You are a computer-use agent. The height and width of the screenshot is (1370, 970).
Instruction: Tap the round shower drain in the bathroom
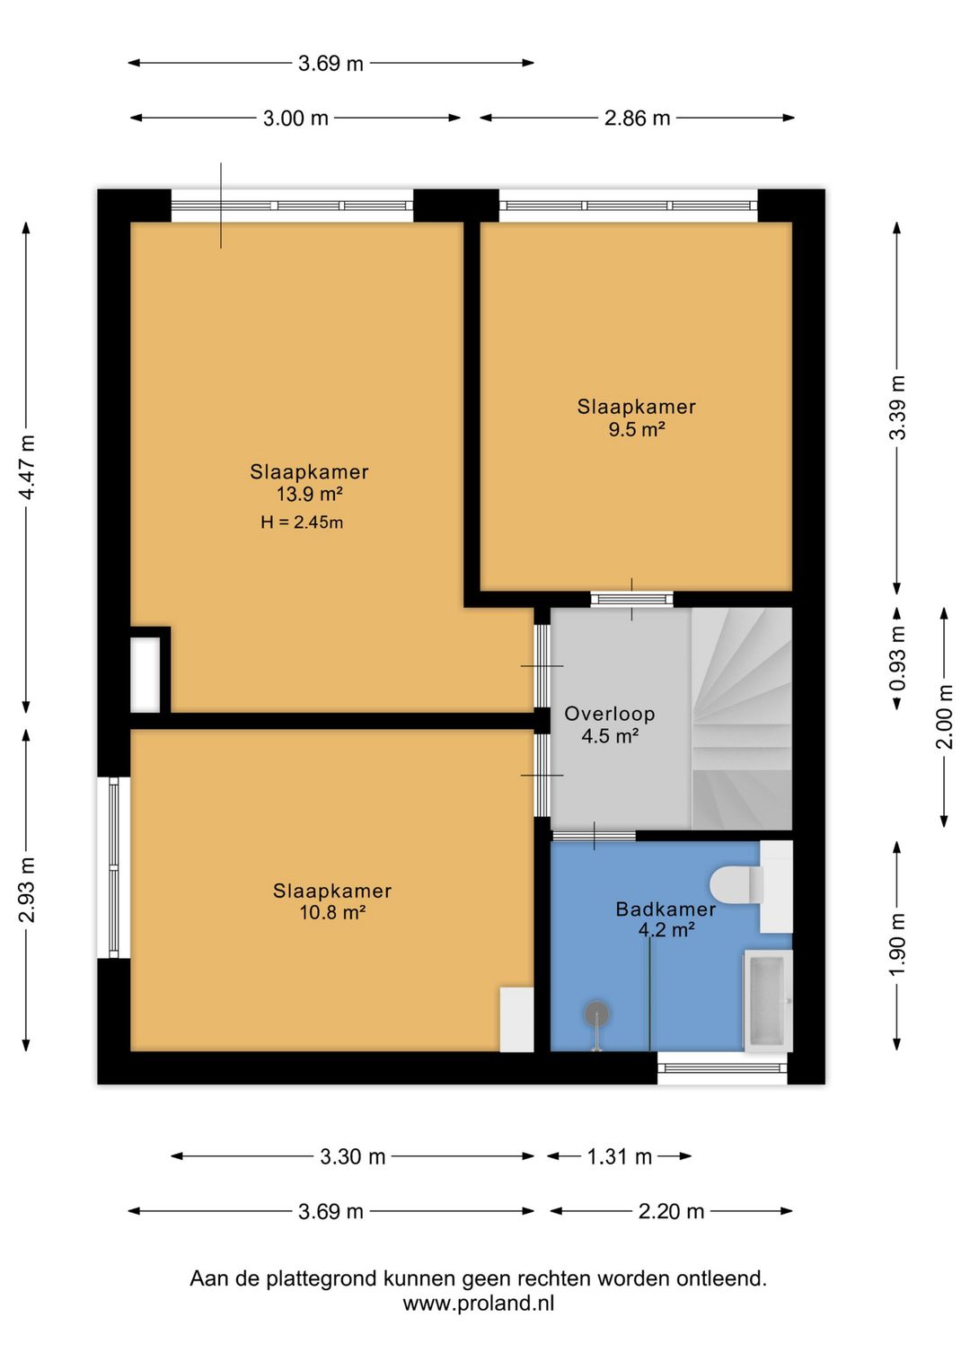[x=596, y=1014]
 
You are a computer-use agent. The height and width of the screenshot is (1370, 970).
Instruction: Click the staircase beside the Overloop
[x=742, y=718]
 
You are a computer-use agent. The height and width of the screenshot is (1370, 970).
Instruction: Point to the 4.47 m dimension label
[x=28, y=467]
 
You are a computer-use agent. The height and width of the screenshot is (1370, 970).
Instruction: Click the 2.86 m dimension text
[x=637, y=118]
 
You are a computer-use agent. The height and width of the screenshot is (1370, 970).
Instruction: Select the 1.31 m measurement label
[x=620, y=1156]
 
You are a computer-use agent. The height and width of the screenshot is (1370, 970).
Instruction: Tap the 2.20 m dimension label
[x=671, y=1211]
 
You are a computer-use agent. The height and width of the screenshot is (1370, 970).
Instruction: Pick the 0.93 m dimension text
[x=898, y=658]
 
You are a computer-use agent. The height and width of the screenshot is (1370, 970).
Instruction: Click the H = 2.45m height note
[x=302, y=523]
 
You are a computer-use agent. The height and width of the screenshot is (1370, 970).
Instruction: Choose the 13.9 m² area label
[x=309, y=494]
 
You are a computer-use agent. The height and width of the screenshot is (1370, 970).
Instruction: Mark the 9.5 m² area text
[x=637, y=429]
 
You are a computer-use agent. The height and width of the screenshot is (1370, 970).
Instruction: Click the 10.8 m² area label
[x=332, y=912]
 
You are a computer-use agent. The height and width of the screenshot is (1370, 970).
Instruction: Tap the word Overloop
[x=610, y=713]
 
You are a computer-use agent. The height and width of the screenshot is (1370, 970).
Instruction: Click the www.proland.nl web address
[x=479, y=1304]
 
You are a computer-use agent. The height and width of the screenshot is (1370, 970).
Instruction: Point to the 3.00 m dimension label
[x=295, y=118]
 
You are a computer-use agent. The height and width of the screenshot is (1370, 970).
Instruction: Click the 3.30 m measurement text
[x=352, y=1156]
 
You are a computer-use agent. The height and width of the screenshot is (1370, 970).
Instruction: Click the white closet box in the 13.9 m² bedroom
[x=145, y=674]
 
